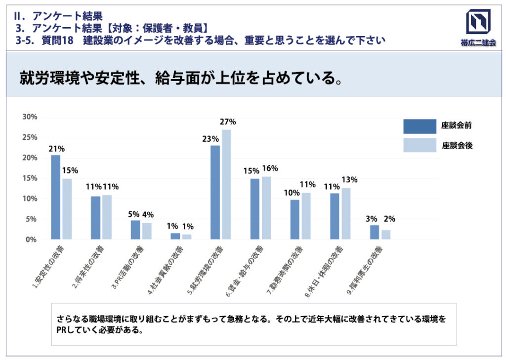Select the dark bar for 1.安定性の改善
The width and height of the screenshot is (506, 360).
(x=56, y=197)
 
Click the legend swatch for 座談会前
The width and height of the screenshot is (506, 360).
(x=420, y=126)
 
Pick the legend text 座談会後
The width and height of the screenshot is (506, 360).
(x=457, y=146)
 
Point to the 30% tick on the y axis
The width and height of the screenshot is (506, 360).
(x=30, y=117)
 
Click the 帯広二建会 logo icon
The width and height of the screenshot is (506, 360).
(x=478, y=23)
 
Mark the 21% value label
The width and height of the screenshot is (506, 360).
(x=56, y=148)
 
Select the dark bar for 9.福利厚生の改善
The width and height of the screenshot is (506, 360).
(x=375, y=232)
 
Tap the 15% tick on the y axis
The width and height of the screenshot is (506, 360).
(x=30, y=178)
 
